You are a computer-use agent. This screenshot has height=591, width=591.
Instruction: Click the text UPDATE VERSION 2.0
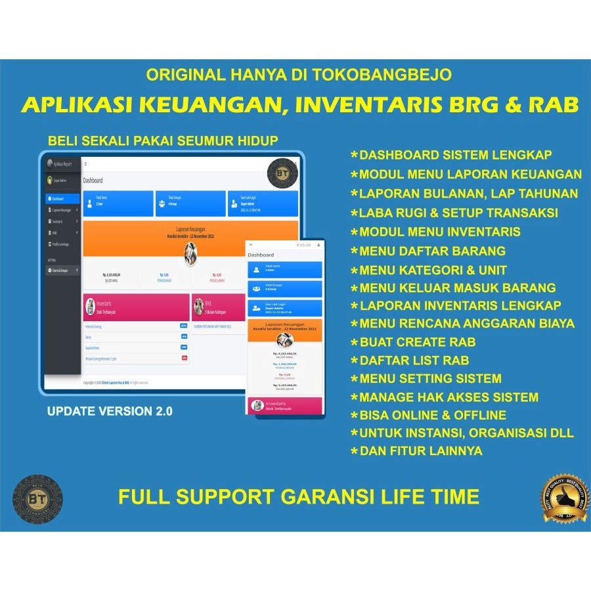coord(110,412)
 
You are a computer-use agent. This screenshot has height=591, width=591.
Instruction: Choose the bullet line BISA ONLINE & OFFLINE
coord(433,415)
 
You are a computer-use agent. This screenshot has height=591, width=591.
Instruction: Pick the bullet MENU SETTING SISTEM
coord(430,378)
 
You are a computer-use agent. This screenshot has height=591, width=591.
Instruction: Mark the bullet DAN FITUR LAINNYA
coord(421,451)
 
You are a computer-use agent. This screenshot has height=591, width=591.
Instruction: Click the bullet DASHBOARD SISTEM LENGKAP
coord(455,156)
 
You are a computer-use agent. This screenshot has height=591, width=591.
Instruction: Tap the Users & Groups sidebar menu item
coord(62,270)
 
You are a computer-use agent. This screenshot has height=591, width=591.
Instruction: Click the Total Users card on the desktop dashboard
coord(118,204)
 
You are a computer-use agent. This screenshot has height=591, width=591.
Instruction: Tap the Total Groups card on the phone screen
coord(285,288)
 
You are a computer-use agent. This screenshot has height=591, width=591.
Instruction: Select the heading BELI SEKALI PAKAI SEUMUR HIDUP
coord(163,141)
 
